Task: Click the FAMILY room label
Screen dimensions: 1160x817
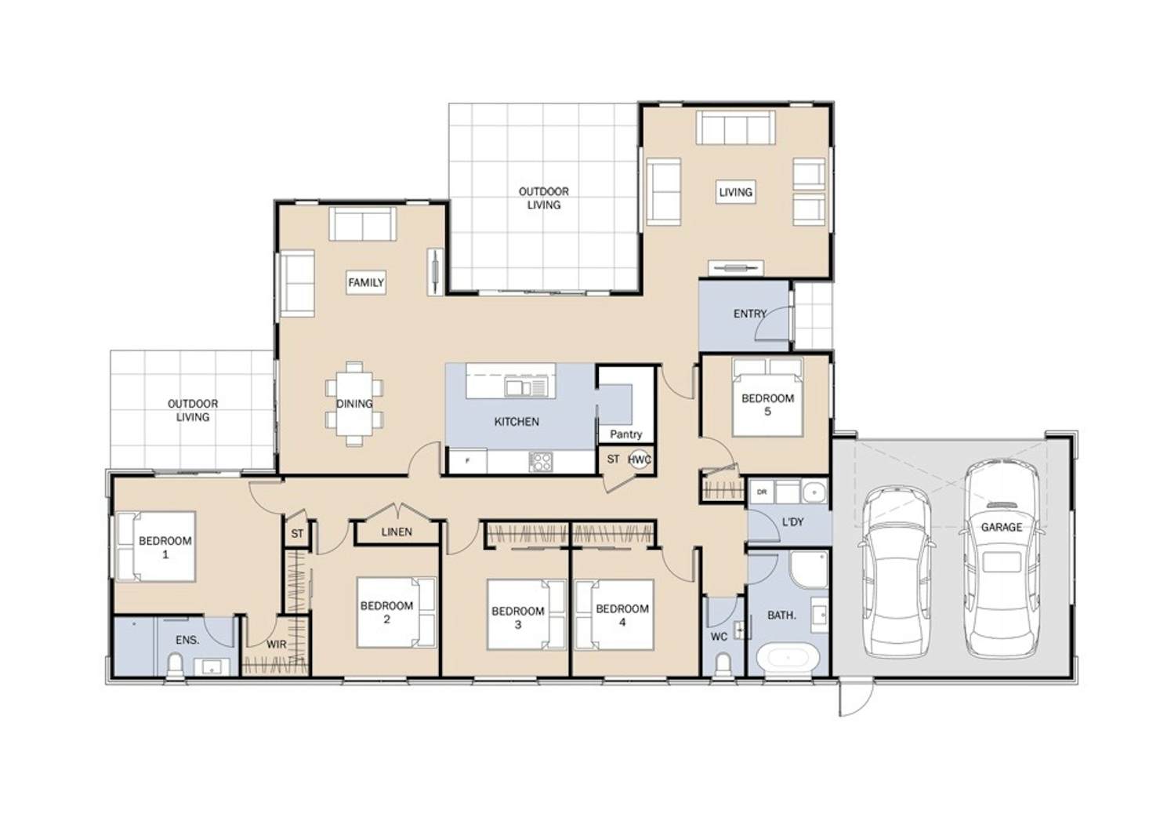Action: (x=365, y=282)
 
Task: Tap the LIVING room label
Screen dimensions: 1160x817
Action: (x=735, y=192)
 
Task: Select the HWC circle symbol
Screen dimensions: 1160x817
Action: (x=640, y=459)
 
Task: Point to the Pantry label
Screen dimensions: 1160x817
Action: (x=625, y=434)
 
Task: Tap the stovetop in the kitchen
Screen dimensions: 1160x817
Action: (x=541, y=462)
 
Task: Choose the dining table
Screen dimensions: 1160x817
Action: (x=354, y=404)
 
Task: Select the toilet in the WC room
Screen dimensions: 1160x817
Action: (x=723, y=665)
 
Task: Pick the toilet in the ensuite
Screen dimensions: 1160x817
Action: (x=175, y=666)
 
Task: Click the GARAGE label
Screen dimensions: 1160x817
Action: (x=1002, y=528)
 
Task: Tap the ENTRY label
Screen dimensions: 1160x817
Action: (x=750, y=314)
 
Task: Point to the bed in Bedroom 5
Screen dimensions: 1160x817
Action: (x=767, y=398)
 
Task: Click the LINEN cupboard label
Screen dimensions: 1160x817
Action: (x=397, y=532)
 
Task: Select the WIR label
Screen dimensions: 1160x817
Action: (x=276, y=645)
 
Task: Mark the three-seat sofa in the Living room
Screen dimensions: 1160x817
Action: (x=735, y=127)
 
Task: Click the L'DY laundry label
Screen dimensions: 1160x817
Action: (x=792, y=522)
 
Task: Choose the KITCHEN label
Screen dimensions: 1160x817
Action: (x=517, y=422)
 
